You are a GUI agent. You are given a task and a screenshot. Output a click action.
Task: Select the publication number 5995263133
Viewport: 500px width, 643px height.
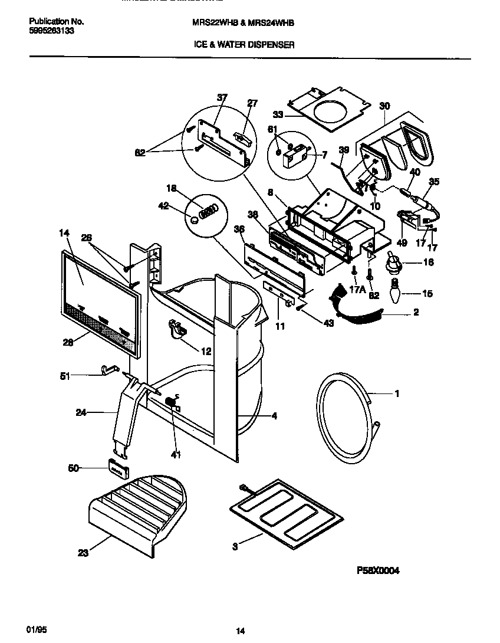pos(52,31)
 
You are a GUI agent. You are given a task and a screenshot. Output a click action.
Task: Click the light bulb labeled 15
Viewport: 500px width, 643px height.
pos(393,294)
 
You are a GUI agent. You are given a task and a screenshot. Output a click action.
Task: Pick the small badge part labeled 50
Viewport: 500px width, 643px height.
pos(118,468)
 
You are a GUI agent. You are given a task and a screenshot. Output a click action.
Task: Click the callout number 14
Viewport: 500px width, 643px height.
pos(64,233)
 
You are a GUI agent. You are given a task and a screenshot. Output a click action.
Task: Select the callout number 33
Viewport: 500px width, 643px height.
pos(278,114)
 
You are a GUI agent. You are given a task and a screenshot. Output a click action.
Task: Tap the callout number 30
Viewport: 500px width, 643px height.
pos(384,106)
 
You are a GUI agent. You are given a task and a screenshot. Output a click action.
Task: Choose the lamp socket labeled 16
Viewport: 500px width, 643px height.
pos(393,263)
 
